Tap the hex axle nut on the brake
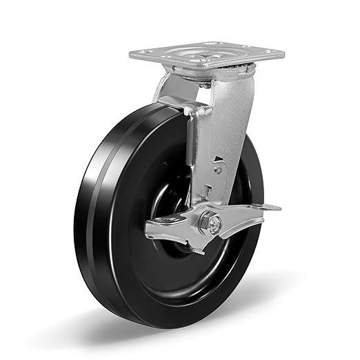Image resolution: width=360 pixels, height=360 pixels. pos(206,222)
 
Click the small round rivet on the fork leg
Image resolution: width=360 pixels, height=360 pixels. pos(217,168)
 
